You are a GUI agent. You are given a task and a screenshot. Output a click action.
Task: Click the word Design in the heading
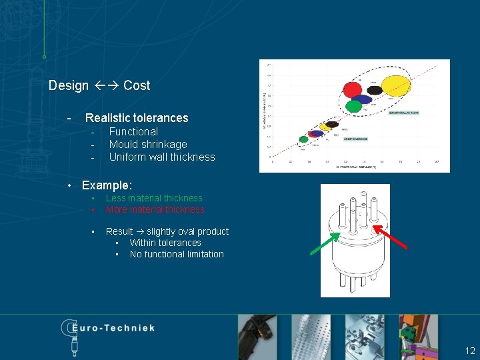68,85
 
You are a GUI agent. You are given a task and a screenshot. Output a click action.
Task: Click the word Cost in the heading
137,85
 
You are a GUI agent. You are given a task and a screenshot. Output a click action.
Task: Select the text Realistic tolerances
137,118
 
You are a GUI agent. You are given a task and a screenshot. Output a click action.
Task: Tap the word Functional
133,132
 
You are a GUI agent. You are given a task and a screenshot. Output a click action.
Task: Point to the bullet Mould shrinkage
148,145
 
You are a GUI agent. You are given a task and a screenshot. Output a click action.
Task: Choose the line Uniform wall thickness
162,157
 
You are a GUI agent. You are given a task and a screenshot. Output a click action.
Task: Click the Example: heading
107,185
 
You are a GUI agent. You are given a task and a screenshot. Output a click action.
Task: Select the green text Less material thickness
154,198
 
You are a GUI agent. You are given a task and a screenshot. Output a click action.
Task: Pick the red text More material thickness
155,209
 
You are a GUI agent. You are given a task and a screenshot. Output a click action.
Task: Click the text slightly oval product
187,231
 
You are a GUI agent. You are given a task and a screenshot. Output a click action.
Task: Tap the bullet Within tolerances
165,243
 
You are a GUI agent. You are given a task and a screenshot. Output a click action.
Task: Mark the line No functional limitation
177,254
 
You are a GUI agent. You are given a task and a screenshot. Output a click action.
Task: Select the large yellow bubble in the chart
395,85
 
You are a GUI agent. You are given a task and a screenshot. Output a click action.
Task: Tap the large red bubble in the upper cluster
353,89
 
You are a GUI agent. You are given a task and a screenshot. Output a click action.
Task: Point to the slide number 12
470,351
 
